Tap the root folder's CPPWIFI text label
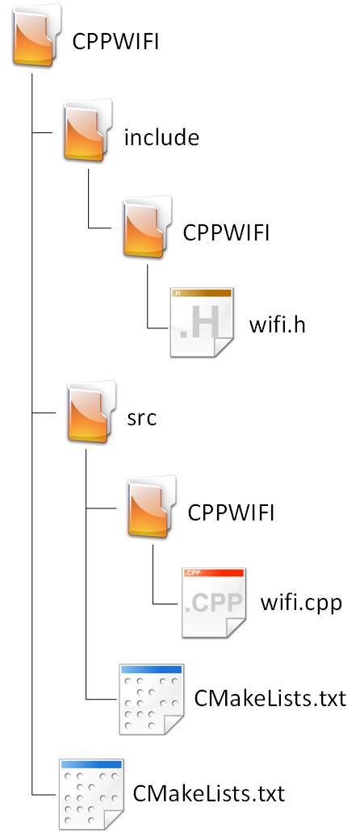115,42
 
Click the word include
161,137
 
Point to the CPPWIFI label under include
226,232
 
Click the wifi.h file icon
201,322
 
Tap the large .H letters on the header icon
196,327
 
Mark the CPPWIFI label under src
231,512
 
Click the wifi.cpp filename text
302,604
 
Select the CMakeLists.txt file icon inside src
151,699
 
